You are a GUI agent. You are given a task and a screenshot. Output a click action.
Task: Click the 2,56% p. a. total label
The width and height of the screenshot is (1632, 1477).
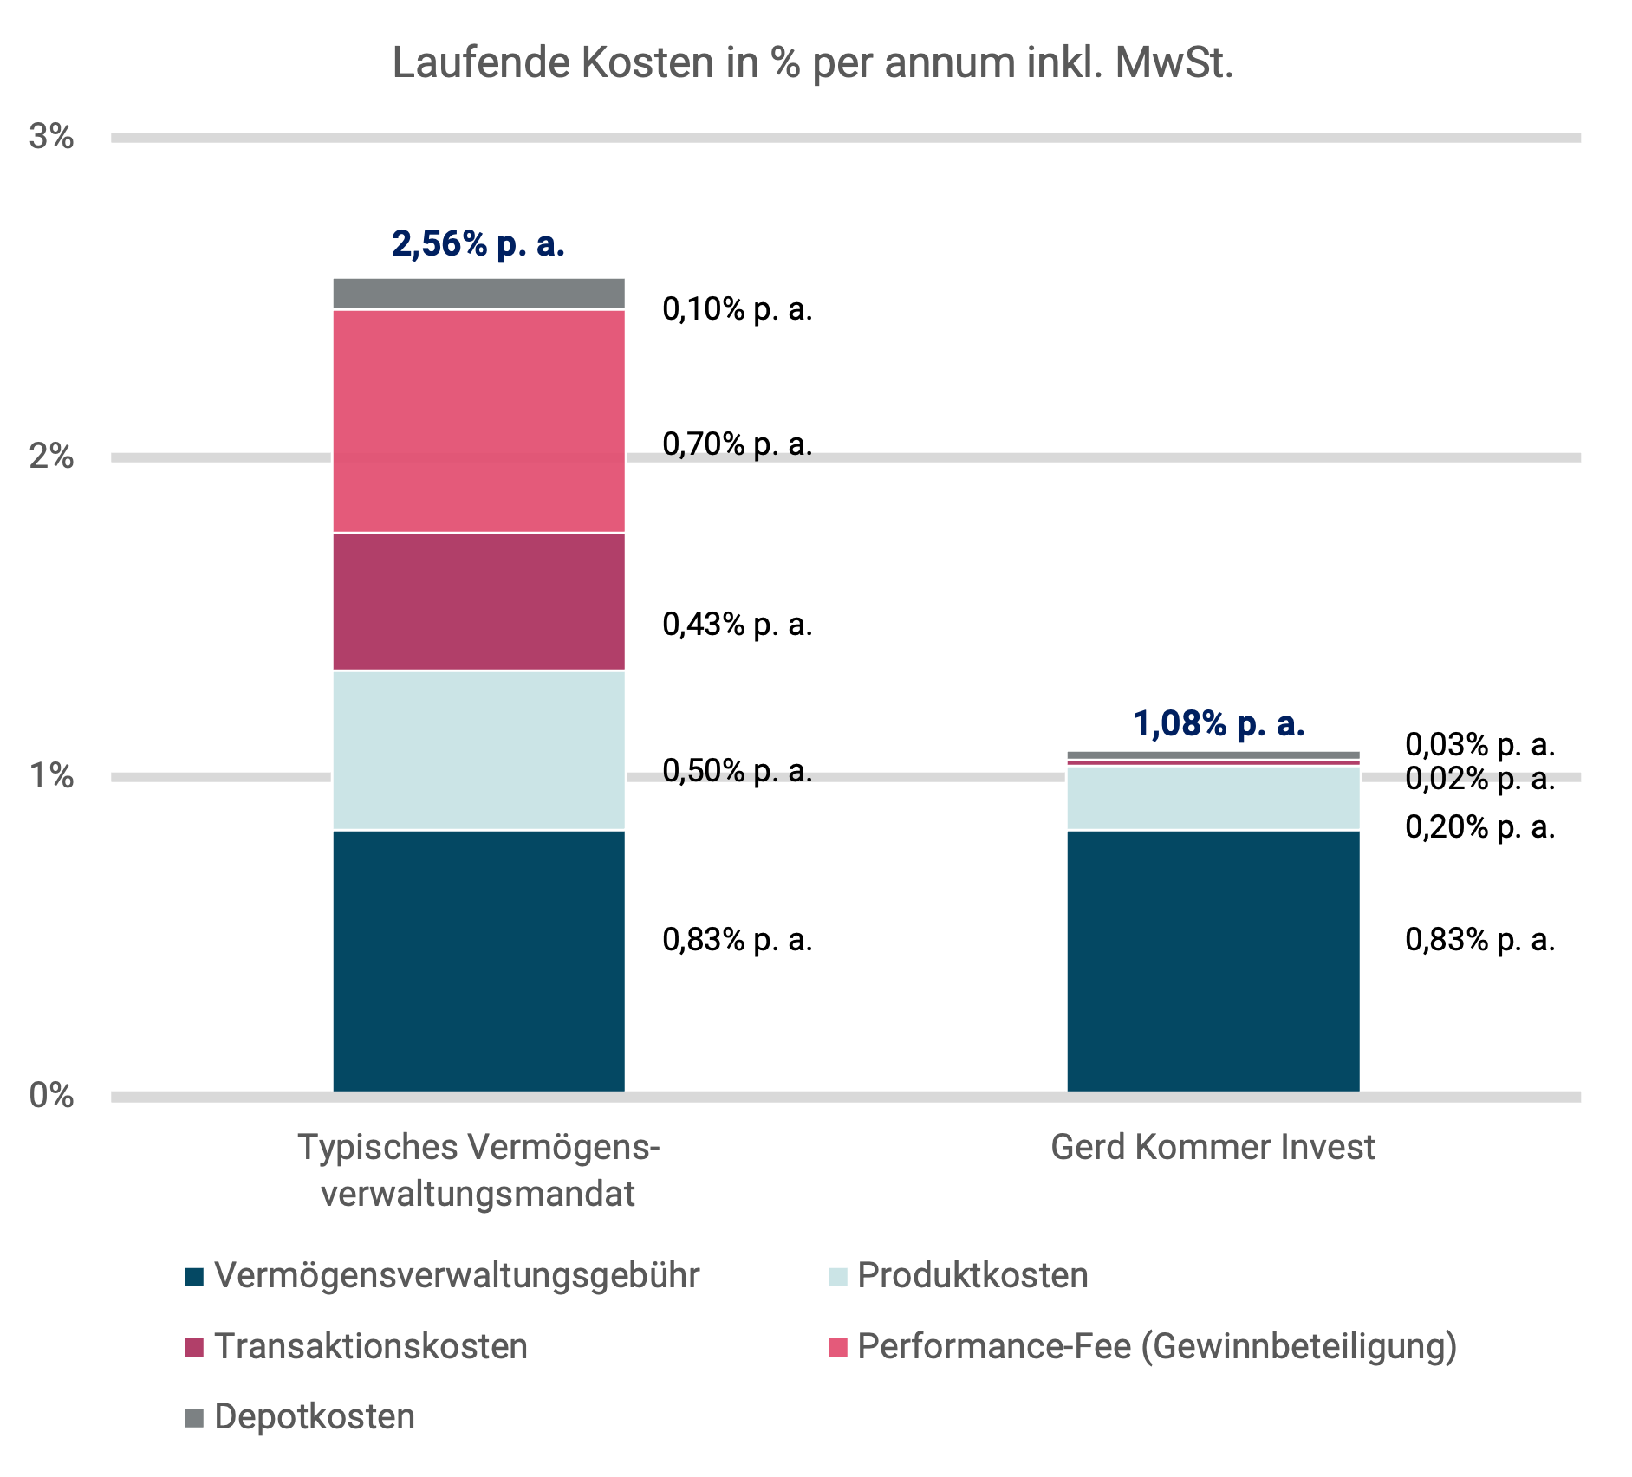click(x=478, y=244)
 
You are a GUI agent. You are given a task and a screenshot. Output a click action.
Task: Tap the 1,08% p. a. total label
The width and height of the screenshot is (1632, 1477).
click(x=1218, y=724)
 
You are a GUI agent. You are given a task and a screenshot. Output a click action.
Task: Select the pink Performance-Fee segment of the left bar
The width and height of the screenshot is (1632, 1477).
click(x=478, y=421)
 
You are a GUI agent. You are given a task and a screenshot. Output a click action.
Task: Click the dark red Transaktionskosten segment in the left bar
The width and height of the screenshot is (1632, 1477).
click(x=478, y=601)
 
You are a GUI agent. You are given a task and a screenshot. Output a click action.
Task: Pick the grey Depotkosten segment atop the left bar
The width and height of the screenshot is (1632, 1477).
click(x=478, y=294)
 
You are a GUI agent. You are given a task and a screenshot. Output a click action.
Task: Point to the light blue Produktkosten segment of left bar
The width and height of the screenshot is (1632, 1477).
click(x=478, y=750)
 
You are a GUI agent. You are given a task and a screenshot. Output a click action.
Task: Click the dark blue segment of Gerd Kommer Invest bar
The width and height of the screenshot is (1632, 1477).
click(x=1213, y=960)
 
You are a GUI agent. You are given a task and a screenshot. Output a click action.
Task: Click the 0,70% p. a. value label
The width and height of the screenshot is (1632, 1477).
click(x=737, y=444)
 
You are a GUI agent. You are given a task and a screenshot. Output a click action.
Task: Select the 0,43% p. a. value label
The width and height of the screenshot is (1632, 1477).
click(x=737, y=625)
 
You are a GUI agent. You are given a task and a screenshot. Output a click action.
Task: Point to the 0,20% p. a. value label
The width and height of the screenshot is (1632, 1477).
click(x=1479, y=828)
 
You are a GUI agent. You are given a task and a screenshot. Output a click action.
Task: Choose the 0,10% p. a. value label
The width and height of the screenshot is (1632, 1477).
click(x=737, y=309)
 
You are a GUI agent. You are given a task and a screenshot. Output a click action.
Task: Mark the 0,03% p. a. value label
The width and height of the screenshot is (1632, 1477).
click(x=1479, y=744)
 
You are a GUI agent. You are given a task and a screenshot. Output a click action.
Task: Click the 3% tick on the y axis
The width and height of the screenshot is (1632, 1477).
click(x=51, y=137)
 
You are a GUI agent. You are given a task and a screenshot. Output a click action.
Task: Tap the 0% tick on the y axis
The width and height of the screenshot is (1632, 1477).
click(x=51, y=1096)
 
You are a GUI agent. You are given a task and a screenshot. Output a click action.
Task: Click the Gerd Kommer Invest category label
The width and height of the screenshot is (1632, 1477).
click(x=1213, y=1148)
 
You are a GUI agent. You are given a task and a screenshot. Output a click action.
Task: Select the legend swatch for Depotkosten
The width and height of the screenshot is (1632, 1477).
click(x=194, y=1418)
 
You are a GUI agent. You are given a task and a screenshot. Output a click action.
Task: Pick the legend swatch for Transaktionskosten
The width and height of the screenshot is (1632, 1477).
click(x=194, y=1348)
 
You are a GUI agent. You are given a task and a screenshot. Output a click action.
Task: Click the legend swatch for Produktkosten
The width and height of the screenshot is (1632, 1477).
click(x=837, y=1277)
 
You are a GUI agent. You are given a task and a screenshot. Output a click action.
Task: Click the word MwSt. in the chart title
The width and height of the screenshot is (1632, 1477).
click(x=1174, y=63)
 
